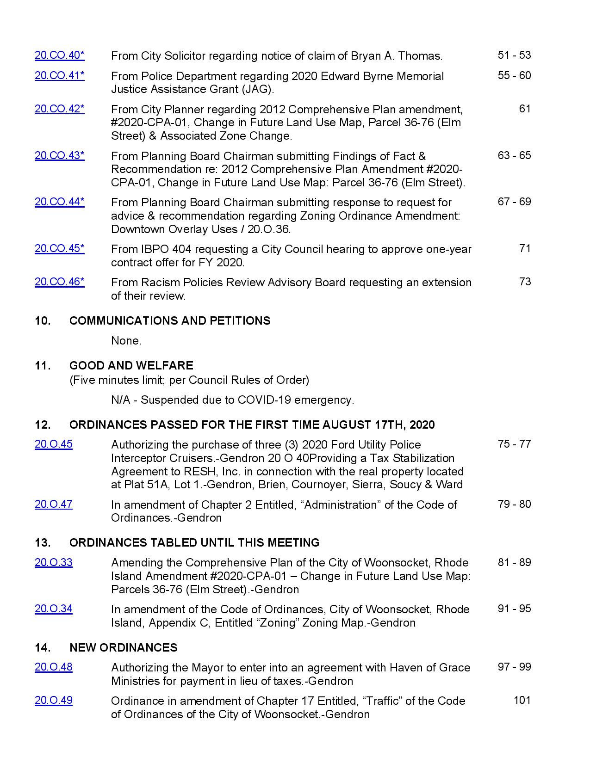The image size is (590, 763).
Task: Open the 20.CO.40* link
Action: (59, 55)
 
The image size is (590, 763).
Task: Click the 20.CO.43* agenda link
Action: (59, 155)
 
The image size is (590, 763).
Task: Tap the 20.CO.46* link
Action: (59, 282)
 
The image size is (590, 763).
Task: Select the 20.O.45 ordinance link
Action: (53, 444)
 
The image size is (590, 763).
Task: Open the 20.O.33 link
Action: (53, 562)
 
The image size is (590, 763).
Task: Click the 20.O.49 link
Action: (53, 701)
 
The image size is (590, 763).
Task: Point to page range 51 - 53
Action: (514, 55)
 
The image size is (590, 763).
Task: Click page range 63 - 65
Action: (514, 155)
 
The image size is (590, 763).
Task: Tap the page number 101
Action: (522, 700)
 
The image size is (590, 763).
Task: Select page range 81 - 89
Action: (514, 562)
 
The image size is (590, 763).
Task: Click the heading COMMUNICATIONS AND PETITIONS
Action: (170, 321)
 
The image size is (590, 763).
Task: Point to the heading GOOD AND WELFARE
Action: (131, 366)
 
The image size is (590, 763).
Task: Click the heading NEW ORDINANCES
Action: (123, 647)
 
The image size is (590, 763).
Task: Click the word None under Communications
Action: (126, 341)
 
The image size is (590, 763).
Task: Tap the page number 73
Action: (525, 282)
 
